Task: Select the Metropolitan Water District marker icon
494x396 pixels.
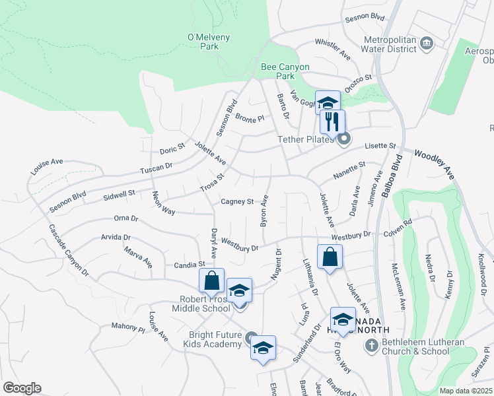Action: click(427, 44)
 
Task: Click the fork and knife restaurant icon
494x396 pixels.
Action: click(332, 122)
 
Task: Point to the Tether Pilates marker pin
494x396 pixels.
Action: click(343, 139)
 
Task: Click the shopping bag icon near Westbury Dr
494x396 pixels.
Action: click(330, 257)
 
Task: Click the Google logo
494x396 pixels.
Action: click(22, 388)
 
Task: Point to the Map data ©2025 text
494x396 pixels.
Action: click(466, 391)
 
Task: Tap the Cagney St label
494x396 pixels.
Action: click(237, 201)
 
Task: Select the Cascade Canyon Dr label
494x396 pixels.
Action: click(68, 249)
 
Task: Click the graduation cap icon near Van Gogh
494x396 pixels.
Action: click(327, 103)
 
